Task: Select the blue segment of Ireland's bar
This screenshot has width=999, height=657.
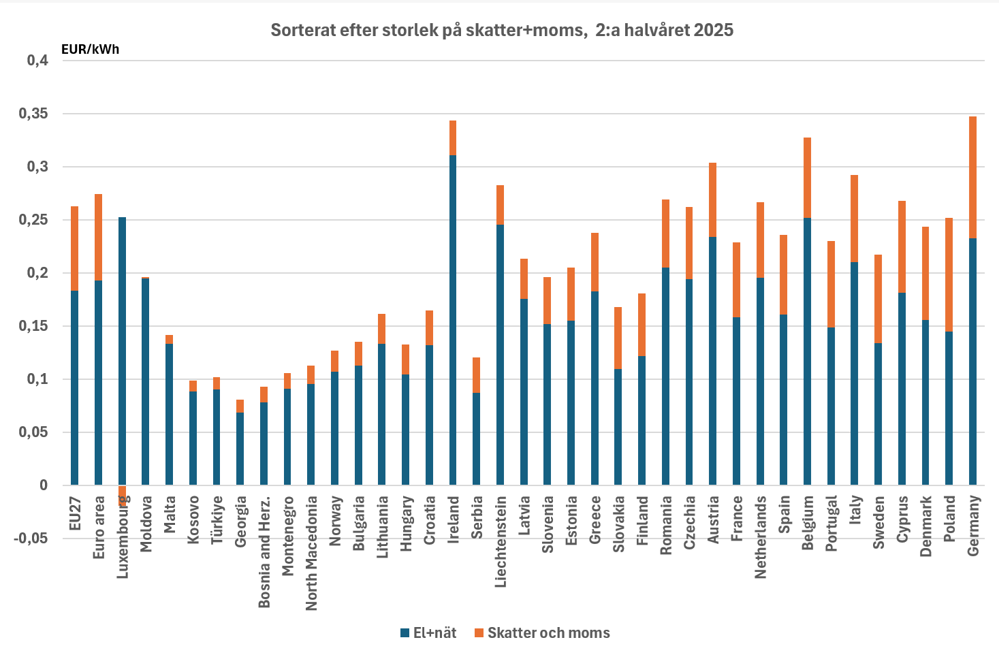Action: (x=453, y=320)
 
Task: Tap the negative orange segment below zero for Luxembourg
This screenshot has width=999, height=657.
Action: (x=122, y=494)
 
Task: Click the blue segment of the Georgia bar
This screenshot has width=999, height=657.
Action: (x=240, y=449)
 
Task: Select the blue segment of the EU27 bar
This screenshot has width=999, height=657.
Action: (x=74, y=388)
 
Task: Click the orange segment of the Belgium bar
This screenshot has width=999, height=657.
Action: (x=807, y=178)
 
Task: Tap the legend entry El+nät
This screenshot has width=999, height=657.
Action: (x=428, y=632)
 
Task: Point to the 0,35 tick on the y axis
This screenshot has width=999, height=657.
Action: (x=33, y=114)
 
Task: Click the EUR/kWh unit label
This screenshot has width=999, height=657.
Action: (x=90, y=49)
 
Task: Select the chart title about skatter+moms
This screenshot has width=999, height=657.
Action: (x=502, y=30)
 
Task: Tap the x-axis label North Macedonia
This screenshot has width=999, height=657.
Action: (x=311, y=553)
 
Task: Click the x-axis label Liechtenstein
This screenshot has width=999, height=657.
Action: (x=501, y=541)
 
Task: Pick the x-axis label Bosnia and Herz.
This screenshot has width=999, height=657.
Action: (x=264, y=551)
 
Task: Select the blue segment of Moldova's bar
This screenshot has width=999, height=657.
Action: (x=145, y=381)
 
